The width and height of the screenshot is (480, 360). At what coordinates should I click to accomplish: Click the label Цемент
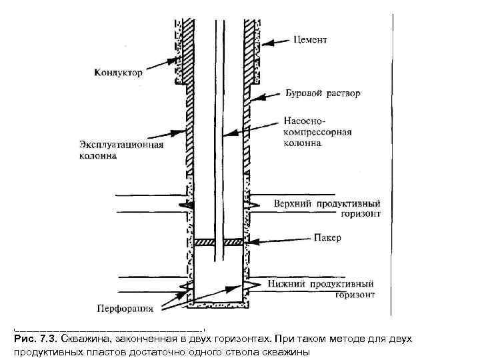coord(310,40)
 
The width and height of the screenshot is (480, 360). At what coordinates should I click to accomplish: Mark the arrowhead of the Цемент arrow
coord(262,44)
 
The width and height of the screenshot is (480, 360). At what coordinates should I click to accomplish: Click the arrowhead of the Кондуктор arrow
coord(179,59)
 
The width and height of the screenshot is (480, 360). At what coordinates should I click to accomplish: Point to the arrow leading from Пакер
coord(273,238)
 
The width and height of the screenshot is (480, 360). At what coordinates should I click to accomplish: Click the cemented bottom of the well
coord(220,308)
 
